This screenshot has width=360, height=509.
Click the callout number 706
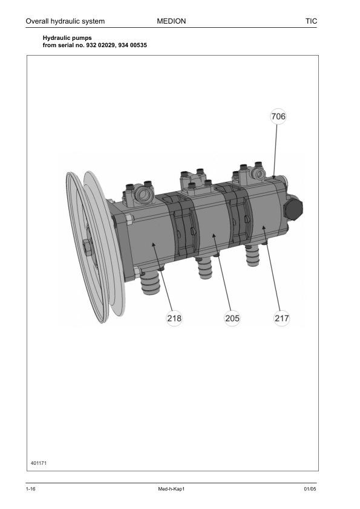(x=278, y=116)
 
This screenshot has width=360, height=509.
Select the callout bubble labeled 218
(x=174, y=318)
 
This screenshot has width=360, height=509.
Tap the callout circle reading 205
(x=232, y=318)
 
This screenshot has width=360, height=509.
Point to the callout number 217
(x=281, y=318)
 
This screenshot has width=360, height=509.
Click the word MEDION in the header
(x=171, y=21)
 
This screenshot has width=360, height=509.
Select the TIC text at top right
(x=311, y=21)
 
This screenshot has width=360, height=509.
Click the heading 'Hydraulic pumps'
(x=67, y=38)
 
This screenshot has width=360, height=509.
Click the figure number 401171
(x=39, y=463)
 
